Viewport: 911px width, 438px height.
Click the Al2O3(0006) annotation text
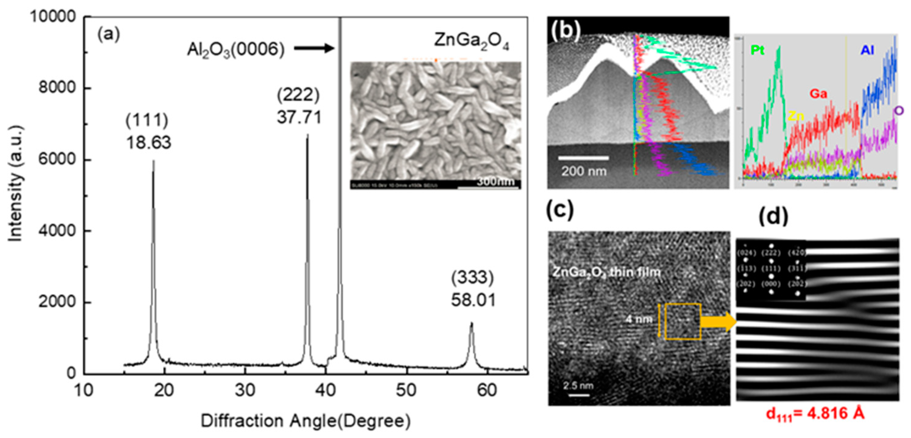[236, 50]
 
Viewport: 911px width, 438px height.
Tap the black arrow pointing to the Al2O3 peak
[314, 48]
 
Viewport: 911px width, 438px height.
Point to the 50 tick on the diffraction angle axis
[406, 390]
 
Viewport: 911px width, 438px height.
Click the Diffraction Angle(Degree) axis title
[306, 421]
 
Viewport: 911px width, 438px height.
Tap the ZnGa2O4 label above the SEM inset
[471, 41]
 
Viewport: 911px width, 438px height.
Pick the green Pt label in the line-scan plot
[757, 51]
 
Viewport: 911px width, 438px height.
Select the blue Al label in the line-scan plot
[867, 50]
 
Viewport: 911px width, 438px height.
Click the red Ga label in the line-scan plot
[818, 94]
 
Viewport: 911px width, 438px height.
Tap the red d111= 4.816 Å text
[815, 414]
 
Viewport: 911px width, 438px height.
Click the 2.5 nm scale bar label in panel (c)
[578, 385]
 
